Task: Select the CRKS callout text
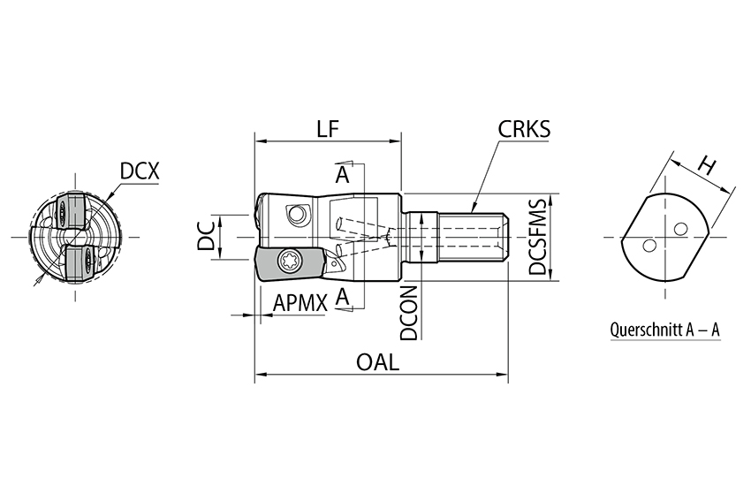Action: (524, 129)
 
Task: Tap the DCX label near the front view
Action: (140, 171)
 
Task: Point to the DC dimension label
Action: (206, 237)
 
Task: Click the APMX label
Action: (300, 302)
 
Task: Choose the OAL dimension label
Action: (377, 362)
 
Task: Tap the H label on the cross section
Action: (707, 163)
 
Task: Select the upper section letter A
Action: (343, 176)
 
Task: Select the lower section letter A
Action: (343, 297)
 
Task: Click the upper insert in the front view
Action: (68, 210)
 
